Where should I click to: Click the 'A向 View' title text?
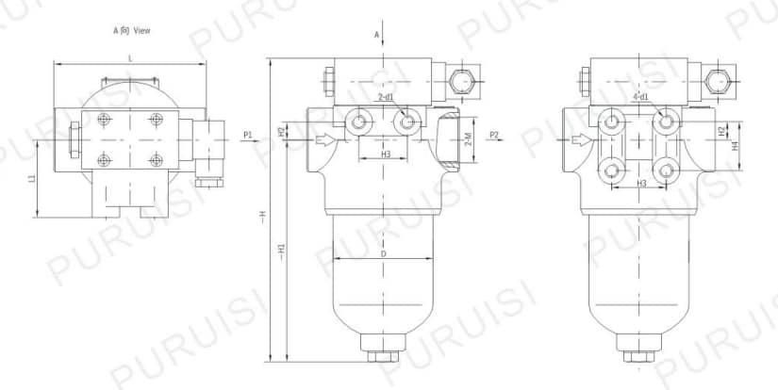[131, 30]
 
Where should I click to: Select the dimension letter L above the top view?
[129, 57]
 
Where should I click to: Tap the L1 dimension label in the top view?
[31, 178]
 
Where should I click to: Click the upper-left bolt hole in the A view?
[104, 118]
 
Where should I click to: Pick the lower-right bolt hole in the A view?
[157, 159]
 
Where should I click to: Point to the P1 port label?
[248, 135]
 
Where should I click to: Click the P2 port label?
[493, 135]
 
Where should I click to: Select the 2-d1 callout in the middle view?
[386, 97]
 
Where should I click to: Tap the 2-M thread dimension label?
[469, 140]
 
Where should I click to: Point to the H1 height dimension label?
[282, 251]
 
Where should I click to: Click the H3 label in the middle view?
[386, 154]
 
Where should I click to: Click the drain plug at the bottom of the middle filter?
[382, 357]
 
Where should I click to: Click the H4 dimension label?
[736, 146]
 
